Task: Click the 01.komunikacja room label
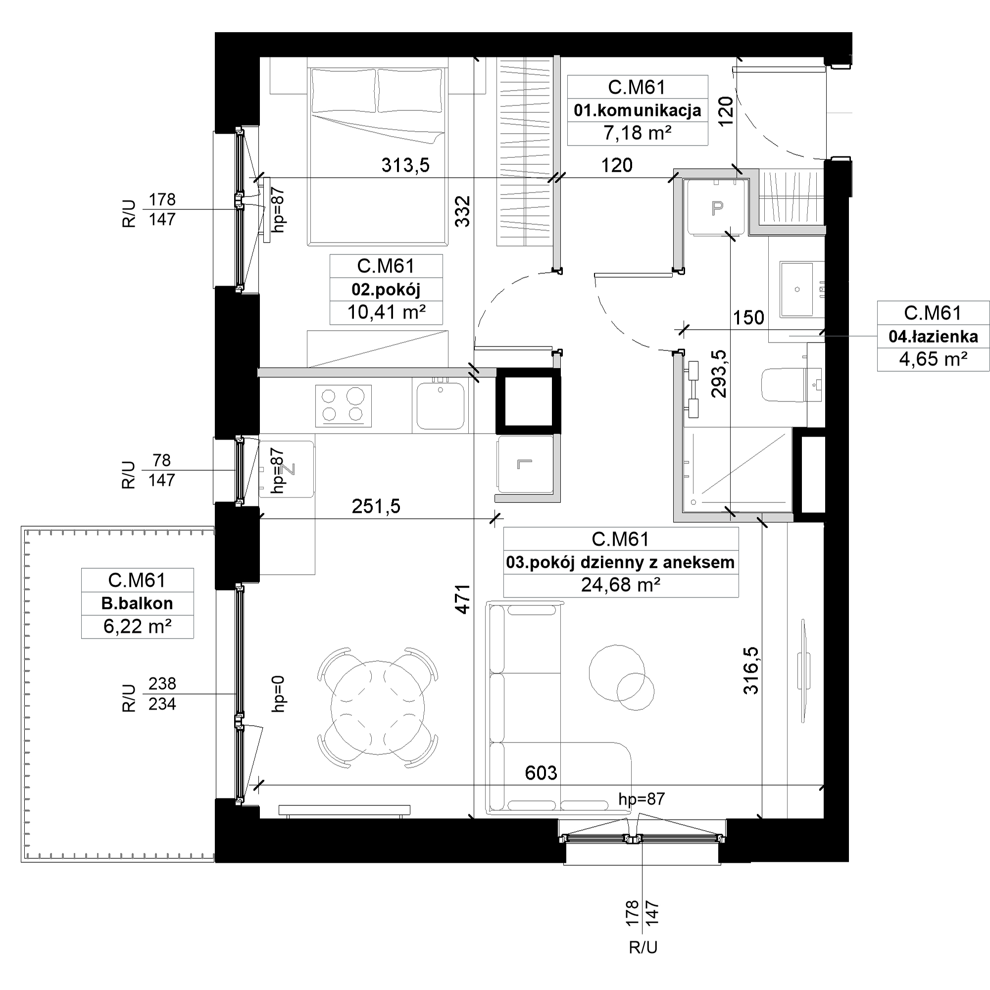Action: (x=638, y=110)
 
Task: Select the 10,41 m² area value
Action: (x=387, y=312)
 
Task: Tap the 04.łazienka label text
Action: (x=933, y=336)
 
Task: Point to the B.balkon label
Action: (x=137, y=603)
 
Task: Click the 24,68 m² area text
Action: (x=621, y=585)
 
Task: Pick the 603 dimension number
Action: (x=541, y=773)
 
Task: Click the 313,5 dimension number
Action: (x=405, y=165)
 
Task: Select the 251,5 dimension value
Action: (x=376, y=506)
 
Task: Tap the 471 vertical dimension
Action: (x=463, y=599)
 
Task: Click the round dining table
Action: (x=378, y=707)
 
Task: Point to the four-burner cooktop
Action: (x=344, y=406)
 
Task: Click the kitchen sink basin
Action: (x=440, y=405)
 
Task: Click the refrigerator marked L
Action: (x=525, y=465)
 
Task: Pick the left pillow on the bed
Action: (x=344, y=91)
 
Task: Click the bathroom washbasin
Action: (x=796, y=290)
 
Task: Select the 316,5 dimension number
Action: (x=751, y=670)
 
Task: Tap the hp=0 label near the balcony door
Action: (x=278, y=693)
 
